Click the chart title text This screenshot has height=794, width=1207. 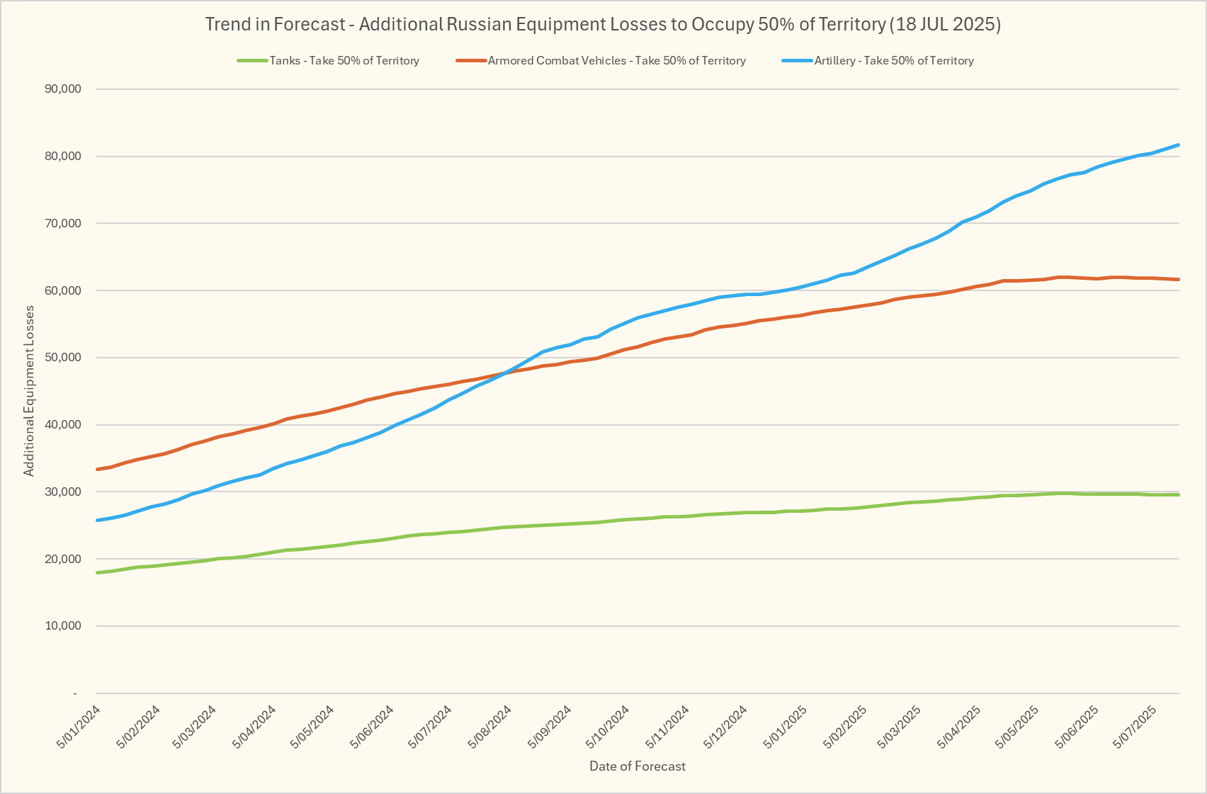pyautogui.click(x=603, y=24)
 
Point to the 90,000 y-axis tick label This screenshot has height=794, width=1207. pyautogui.click(x=62, y=89)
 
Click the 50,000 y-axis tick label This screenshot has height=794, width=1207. pyautogui.click(x=62, y=358)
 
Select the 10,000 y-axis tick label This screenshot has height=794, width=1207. pyautogui.click(x=62, y=626)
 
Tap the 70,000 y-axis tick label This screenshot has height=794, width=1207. pyautogui.click(x=62, y=224)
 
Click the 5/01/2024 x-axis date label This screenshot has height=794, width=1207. pyautogui.click(x=79, y=727)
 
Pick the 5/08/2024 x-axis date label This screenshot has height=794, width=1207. pyautogui.click(x=491, y=727)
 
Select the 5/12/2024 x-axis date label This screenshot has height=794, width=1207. pyautogui.click(x=726, y=727)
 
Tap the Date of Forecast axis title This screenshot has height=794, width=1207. pyautogui.click(x=637, y=766)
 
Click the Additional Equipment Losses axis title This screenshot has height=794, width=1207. pyautogui.click(x=29, y=391)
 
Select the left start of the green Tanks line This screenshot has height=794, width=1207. pyautogui.click(x=97, y=572)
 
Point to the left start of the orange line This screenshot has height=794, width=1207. pyautogui.click(x=97, y=470)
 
